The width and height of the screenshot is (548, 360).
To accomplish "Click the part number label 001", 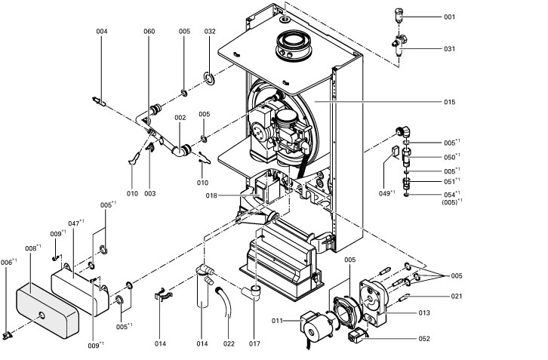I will [x=449, y=17].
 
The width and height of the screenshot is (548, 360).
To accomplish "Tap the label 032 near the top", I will [x=210, y=31].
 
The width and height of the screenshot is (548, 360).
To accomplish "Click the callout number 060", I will [x=149, y=31].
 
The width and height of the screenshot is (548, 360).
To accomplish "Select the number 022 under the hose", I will [x=229, y=344].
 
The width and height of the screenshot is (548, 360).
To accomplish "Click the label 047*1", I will [x=75, y=224].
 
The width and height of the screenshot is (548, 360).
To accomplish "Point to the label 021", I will [x=457, y=296].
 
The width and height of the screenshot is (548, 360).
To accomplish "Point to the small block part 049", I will [x=394, y=153].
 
